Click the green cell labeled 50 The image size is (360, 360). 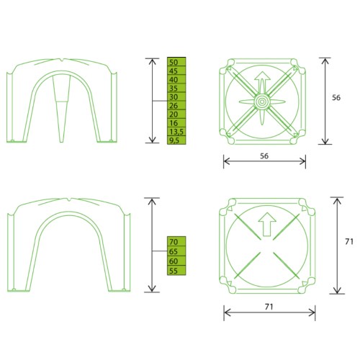click(x=176, y=62)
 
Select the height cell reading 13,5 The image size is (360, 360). click(x=176, y=132)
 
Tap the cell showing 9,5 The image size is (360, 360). click(x=176, y=140)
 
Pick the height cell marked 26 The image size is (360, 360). click(x=176, y=105)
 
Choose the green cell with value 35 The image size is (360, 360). click(x=176, y=88)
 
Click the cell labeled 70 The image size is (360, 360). click(x=176, y=241)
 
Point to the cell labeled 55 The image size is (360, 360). click(x=176, y=270)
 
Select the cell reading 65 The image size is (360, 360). click(x=176, y=251)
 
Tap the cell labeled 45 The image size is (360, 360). click(x=176, y=71)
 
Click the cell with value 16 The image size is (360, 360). click(x=176, y=123)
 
